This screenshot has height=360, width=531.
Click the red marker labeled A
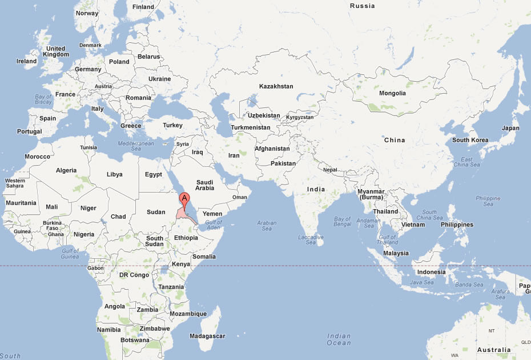pyautogui.click(x=184, y=199)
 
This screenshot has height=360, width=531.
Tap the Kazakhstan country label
pyautogui.click(x=276, y=86)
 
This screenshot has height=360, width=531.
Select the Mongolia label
pyautogui.click(x=392, y=93)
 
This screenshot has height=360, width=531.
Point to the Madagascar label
pyautogui.click(x=207, y=335)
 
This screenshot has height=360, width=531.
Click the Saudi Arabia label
pyautogui.click(x=204, y=185)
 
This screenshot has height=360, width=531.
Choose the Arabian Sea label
pyautogui.click(x=267, y=226)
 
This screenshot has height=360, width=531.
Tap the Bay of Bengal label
pyautogui.click(x=343, y=222)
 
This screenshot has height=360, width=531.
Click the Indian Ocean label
pyautogui.click(x=339, y=339)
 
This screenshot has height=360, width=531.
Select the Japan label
pyautogui.click(x=510, y=128)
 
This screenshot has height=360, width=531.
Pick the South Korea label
pyautogui.click(x=470, y=140)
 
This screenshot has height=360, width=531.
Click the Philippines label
pyautogui.click(x=457, y=225)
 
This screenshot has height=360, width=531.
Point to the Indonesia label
pyautogui.click(x=431, y=272)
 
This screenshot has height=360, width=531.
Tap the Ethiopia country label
pyautogui.click(x=186, y=238)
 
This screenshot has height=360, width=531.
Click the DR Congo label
pyautogui.click(x=134, y=275)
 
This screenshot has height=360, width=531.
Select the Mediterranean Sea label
pyautogui.click(x=135, y=146)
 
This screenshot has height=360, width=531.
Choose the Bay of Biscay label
pyautogui.click(x=43, y=100)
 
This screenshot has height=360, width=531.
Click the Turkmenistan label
pyautogui.click(x=251, y=127)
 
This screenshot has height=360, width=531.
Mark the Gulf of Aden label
pyautogui.click(x=214, y=225)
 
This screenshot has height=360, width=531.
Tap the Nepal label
pyautogui.click(x=330, y=170)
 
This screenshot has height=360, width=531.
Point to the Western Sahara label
pyautogui.click(x=15, y=183)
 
